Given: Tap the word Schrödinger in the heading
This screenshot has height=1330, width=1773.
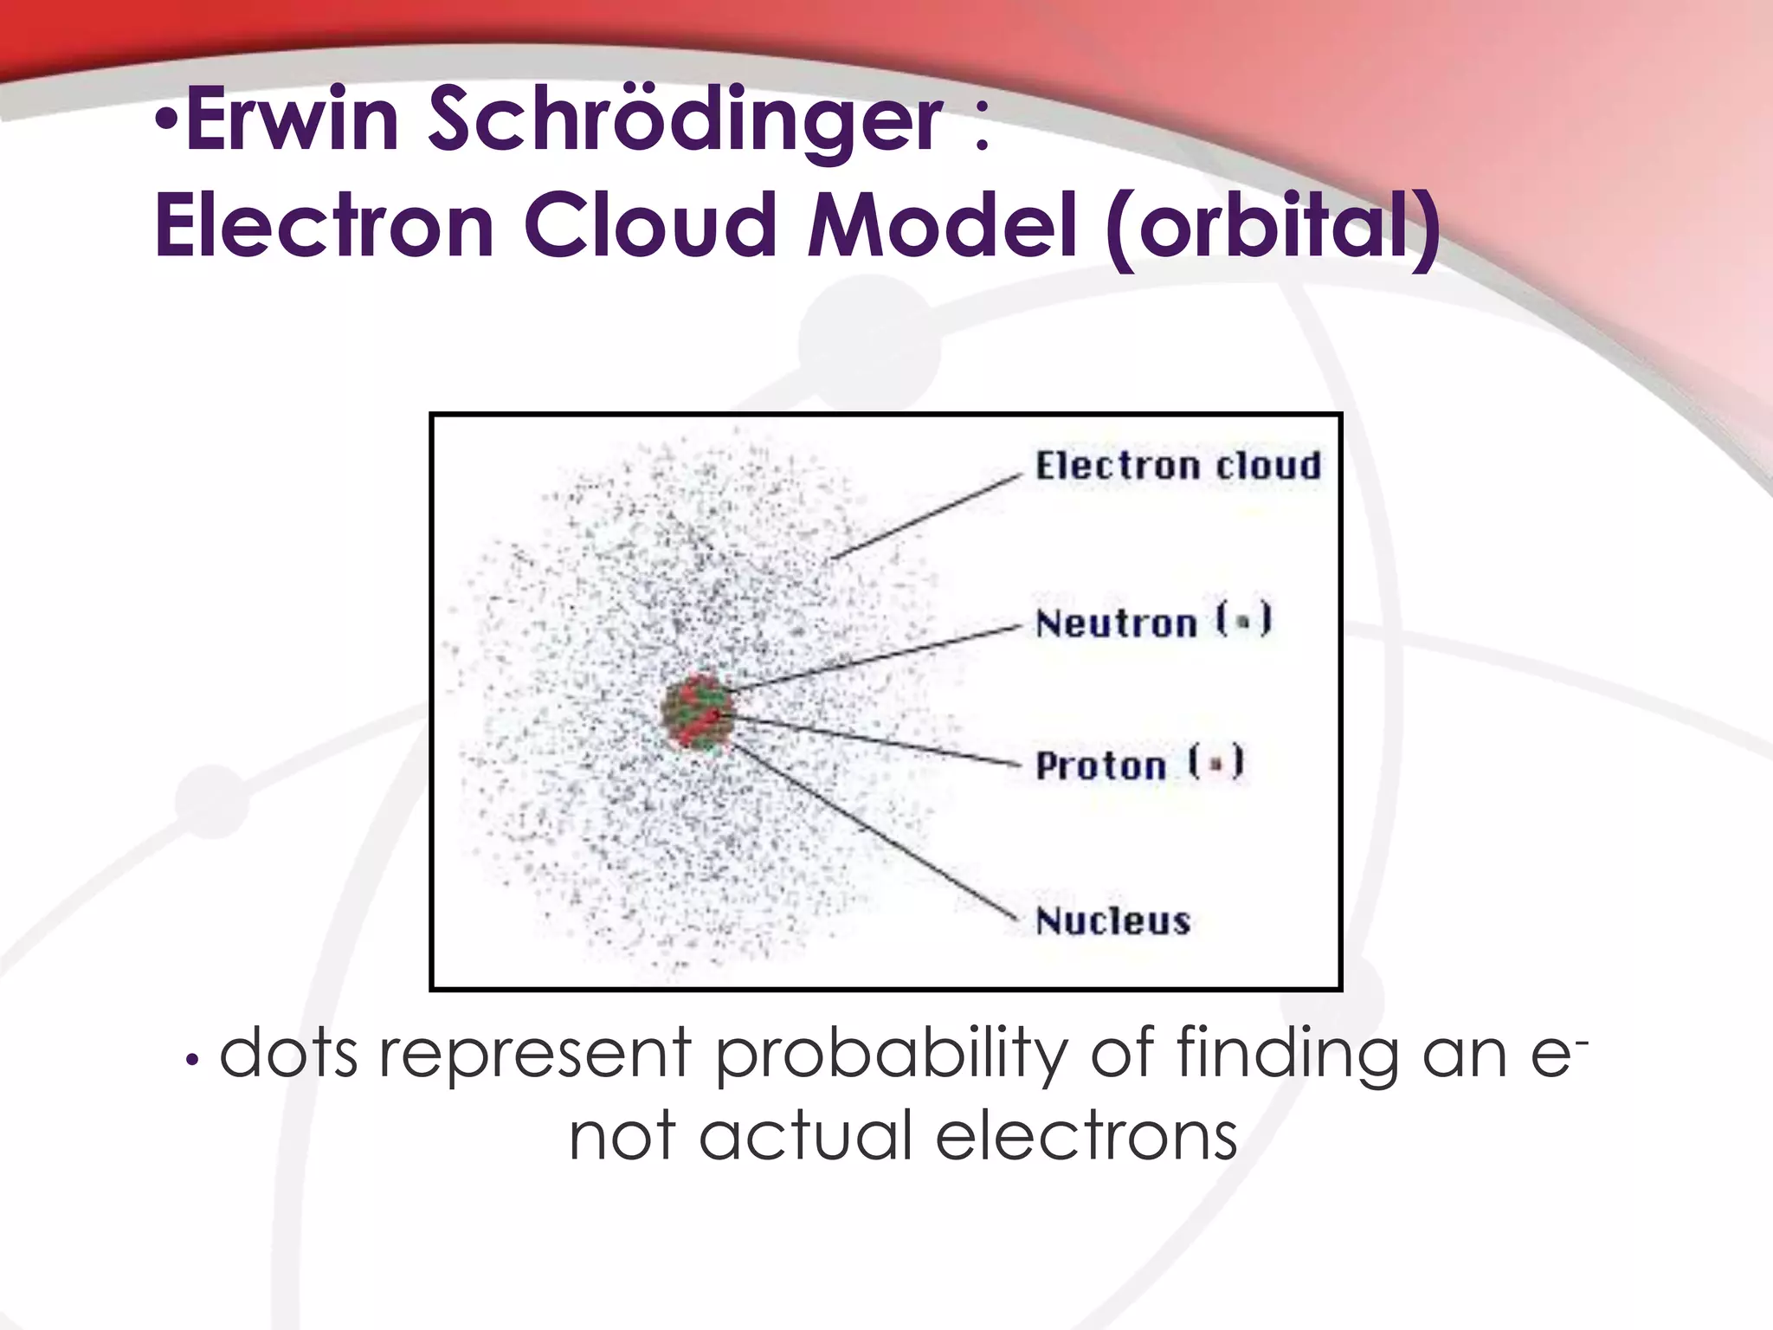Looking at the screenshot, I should (x=684, y=121).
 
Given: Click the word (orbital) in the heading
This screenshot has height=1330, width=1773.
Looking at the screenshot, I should (x=1273, y=227).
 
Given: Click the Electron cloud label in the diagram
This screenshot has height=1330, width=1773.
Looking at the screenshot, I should (x=1178, y=467).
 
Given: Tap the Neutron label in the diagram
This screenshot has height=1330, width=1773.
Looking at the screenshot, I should (x=1117, y=623).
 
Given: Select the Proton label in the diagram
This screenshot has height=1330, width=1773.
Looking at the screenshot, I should (x=1101, y=765).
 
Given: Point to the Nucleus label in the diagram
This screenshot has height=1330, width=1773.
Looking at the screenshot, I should (x=1113, y=920).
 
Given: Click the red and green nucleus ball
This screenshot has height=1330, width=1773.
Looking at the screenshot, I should (x=698, y=713).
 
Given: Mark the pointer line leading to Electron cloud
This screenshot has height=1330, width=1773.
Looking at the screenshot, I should (x=926, y=517).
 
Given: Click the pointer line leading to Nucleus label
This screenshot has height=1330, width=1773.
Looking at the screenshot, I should (x=874, y=832).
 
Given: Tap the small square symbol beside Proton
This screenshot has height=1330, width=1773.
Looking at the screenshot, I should (x=1215, y=764).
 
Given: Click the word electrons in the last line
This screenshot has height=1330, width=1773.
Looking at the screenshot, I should (x=1086, y=1137).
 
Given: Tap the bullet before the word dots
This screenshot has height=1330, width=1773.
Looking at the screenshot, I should (x=193, y=1059).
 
